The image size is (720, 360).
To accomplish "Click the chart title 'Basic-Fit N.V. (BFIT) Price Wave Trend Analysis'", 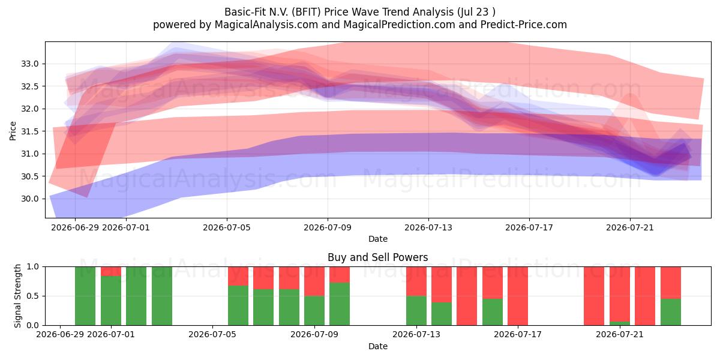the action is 339,12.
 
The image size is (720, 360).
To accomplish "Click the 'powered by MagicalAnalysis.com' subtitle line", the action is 235,25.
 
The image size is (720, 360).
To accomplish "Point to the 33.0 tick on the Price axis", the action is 30,64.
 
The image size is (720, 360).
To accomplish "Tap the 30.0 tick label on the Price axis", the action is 30,199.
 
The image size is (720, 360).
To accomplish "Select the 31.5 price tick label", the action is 30,131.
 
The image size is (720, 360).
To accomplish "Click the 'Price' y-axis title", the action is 13,131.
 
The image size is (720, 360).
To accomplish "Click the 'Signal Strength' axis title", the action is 17,296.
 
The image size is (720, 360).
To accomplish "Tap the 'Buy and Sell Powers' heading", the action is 377,257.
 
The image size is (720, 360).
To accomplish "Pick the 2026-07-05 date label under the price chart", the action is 227,227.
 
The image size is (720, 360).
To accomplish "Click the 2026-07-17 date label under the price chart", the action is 529,227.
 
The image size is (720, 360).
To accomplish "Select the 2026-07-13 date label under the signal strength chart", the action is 416,334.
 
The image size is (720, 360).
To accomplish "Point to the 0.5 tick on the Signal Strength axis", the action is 32,296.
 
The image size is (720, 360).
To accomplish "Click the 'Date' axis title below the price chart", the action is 377,239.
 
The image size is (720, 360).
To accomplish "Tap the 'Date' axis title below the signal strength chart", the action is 377,346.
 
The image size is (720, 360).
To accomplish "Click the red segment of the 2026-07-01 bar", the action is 111,271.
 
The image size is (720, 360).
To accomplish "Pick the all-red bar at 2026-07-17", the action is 518,296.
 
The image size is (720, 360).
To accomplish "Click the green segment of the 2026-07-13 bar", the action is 416,311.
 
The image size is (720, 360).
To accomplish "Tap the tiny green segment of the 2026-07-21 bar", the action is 620,323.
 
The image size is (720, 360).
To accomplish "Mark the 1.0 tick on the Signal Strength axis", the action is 32,266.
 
